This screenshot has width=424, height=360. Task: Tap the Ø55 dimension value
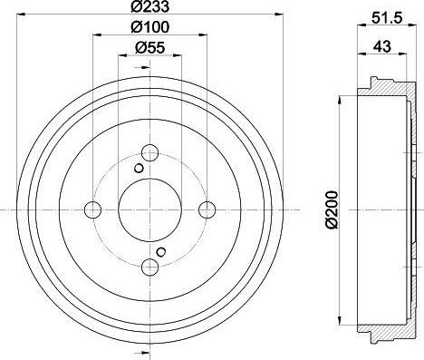click(149, 48)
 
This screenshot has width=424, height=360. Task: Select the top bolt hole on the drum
click(149, 153)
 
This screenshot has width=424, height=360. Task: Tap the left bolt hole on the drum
click(92, 210)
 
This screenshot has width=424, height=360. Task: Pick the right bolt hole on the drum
click(207, 210)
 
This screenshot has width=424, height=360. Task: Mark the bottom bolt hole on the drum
click(149, 268)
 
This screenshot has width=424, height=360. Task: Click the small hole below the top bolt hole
click(138, 169)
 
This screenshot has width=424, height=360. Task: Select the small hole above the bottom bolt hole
click(160, 251)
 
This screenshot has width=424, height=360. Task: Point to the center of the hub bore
click(149, 210)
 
